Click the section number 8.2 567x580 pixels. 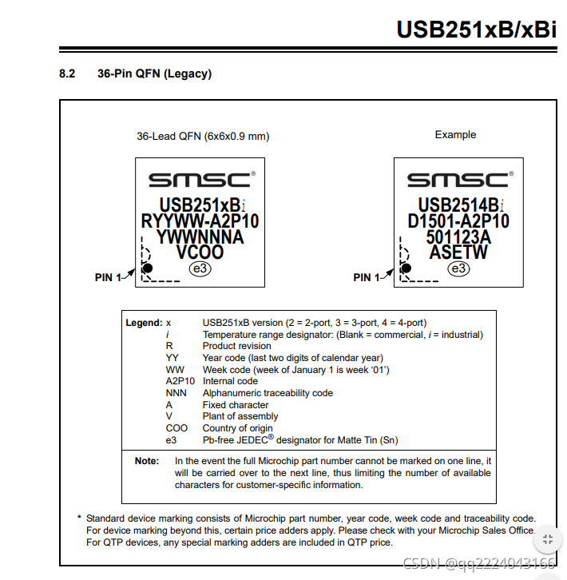pyautogui.click(x=67, y=74)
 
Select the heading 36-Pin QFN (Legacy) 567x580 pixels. pyautogui.click(x=149, y=74)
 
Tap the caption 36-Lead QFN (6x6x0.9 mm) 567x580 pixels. pyautogui.click(x=203, y=136)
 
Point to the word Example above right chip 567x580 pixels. pyautogui.click(x=455, y=134)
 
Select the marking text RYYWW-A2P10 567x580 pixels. pyautogui.click(x=200, y=220)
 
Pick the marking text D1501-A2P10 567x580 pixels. pyautogui.click(x=458, y=220)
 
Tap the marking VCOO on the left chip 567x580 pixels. pyautogui.click(x=200, y=252)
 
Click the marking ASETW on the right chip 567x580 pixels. pyautogui.click(x=458, y=252)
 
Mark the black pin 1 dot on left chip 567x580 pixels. pyautogui.click(x=147, y=268)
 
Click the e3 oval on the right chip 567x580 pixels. pyautogui.click(x=458, y=269)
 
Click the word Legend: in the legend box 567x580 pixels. pyautogui.click(x=144, y=323)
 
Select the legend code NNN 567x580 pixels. pyautogui.click(x=176, y=393)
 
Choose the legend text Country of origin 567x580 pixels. pyautogui.click(x=239, y=428)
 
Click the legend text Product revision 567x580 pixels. pyautogui.click(x=236, y=346)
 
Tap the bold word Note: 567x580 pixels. pyautogui.click(x=147, y=461)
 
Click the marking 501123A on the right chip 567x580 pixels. pyautogui.click(x=458, y=237)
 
